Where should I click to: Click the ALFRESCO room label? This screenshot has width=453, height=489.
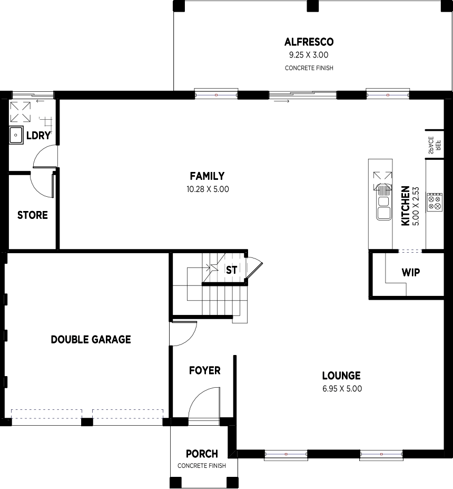click(x=309, y=42)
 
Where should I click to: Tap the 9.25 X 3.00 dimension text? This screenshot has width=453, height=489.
click(x=309, y=55)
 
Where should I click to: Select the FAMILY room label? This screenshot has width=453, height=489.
click(x=207, y=176)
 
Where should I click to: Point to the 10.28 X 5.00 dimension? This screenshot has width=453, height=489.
click(x=208, y=189)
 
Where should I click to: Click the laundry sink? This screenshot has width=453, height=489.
click(x=16, y=135)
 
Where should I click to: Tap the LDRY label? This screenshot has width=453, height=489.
click(x=38, y=136)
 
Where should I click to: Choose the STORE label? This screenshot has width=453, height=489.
click(x=32, y=215)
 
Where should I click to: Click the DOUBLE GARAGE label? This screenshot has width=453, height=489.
click(x=91, y=339)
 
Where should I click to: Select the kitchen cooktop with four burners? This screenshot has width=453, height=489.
click(x=435, y=203)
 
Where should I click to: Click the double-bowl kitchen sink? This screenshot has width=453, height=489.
click(x=383, y=208)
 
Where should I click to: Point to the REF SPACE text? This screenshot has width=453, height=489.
click(x=435, y=145)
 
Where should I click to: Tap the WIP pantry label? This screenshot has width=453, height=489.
click(x=411, y=273)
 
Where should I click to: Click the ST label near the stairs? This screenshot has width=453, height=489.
click(x=231, y=270)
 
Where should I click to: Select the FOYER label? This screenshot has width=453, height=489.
click(x=204, y=370)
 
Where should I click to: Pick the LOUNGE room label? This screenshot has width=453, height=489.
click(x=341, y=376)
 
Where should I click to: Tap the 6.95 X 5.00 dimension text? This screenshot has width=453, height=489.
click(x=342, y=389)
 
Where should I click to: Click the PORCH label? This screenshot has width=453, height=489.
click(x=202, y=454)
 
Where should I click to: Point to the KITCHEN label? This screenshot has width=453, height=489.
click(x=406, y=206)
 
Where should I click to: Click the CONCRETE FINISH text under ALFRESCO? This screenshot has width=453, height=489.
click(x=309, y=68)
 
